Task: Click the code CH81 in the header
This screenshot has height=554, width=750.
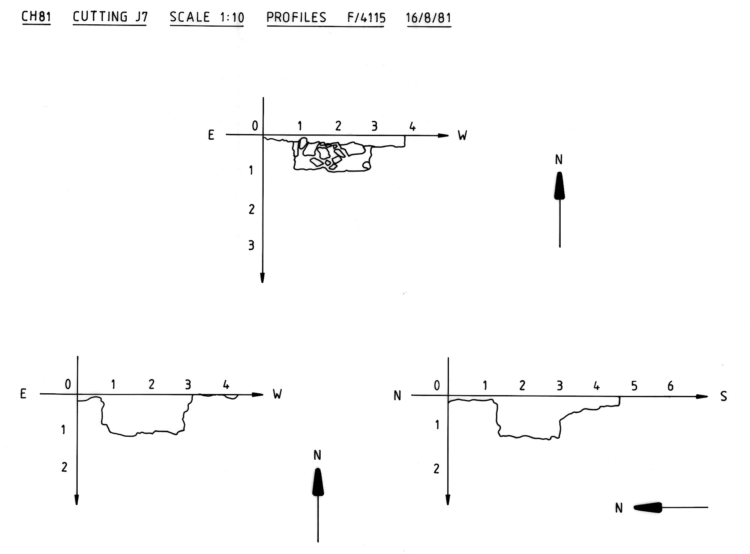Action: pyautogui.click(x=36, y=17)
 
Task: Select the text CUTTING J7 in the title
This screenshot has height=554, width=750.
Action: pyautogui.click(x=110, y=17)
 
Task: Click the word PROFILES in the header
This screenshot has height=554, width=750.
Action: pyautogui.click(x=296, y=18)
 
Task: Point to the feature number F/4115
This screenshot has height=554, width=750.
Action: pyautogui.click(x=366, y=18)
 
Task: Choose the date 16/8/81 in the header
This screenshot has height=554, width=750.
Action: pyautogui.click(x=429, y=18)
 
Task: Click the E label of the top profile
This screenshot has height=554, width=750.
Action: pyautogui.click(x=211, y=135)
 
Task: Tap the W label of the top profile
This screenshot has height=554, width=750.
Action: pyautogui.click(x=462, y=135)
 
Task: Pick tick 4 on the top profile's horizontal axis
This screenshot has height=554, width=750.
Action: pyautogui.click(x=412, y=127)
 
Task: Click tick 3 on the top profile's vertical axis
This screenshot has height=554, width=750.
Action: pyautogui.click(x=251, y=246)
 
